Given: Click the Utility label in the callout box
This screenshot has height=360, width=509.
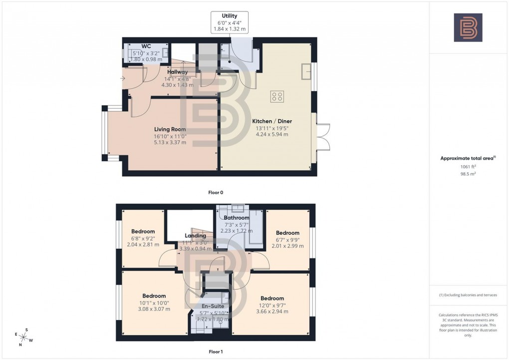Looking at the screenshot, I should [230, 16].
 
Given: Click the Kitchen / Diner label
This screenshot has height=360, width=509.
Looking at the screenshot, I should [272, 121].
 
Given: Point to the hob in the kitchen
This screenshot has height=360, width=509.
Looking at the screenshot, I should [277, 96].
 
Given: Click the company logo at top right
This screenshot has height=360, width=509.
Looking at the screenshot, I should [468, 27].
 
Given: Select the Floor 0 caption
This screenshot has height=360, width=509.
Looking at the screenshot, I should [216, 192].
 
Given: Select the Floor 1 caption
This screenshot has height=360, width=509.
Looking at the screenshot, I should [216, 352].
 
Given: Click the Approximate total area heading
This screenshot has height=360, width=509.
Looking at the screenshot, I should [467, 158].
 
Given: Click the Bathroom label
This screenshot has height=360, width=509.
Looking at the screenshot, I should [237, 218].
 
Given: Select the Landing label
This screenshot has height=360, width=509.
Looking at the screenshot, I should [195, 236].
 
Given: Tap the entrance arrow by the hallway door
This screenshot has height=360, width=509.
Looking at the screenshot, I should [123, 78].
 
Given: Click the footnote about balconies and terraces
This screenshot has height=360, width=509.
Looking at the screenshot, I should [468, 295].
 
